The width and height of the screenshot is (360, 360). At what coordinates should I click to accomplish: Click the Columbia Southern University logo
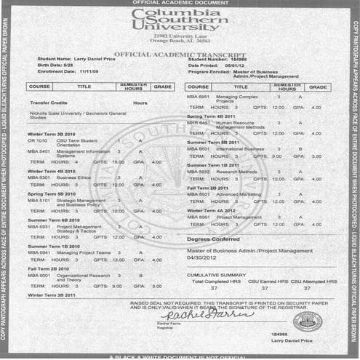tap(180, 20)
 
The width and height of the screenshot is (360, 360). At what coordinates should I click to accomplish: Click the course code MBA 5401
tap(39, 151)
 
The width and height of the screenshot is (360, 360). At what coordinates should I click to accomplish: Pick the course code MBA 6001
tap(39, 276)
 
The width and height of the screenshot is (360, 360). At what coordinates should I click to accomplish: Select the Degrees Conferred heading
tap(212, 239)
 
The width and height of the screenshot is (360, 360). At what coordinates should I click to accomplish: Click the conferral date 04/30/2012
tap(202, 257)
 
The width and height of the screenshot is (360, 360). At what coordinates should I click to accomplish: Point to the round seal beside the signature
tap(307, 321)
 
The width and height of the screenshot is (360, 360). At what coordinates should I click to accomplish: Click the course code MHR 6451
tap(198, 123)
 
